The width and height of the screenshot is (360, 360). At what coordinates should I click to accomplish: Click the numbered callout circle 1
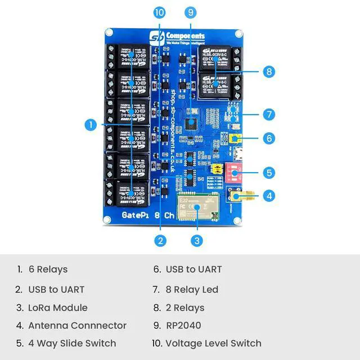click(91, 125)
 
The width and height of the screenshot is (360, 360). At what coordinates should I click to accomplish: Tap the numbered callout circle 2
click(161, 241)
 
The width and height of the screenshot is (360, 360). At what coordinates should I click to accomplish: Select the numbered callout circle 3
click(196, 241)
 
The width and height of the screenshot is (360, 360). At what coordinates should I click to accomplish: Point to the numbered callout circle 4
click(269, 196)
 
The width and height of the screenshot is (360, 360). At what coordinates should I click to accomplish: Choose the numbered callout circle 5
click(269, 172)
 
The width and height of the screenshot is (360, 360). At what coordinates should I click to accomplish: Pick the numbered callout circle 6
click(269, 138)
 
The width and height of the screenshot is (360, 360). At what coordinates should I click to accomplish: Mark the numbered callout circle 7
click(269, 115)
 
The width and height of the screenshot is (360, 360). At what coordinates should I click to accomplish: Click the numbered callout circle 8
click(269, 71)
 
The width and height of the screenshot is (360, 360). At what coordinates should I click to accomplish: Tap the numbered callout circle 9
click(190, 12)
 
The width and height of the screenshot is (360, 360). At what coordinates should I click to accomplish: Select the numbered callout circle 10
click(159, 12)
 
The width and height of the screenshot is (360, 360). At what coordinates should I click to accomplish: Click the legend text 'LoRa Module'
click(58, 308)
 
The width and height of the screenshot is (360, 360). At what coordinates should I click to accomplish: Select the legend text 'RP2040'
click(183, 325)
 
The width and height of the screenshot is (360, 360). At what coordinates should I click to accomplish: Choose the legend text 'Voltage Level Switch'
click(213, 343)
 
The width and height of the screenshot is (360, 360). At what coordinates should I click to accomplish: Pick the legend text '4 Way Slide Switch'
click(72, 343)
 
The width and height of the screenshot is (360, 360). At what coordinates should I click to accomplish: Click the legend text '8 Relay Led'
click(192, 290)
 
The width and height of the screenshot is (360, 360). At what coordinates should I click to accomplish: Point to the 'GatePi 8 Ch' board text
click(141, 215)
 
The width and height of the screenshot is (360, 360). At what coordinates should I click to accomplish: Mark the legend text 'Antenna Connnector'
click(77, 325)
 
